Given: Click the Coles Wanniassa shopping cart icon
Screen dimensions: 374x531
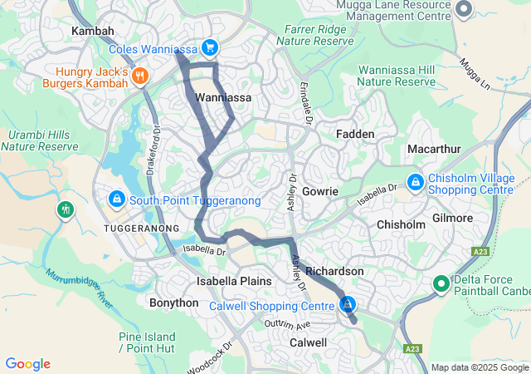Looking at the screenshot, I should (x=210, y=49).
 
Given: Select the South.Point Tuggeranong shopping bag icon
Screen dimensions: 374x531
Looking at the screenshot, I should (x=117, y=200).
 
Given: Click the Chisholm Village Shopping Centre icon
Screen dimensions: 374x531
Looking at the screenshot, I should (x=415, y=181).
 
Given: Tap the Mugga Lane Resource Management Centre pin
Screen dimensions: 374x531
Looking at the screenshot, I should (x=464, y=10).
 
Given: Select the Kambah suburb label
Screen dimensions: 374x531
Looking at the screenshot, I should (x=92, y=30).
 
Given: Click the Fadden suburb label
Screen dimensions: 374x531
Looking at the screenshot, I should (x=356, y=134).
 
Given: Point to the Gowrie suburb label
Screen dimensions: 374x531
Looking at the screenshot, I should (x=320, y=191).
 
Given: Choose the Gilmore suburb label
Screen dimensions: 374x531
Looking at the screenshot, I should (x=452, y=218).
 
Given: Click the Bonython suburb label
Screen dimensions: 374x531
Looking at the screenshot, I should (x=173, y=303).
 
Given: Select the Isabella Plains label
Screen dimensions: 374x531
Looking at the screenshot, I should (x=233, y=281).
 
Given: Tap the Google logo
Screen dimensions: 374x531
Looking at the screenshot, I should (x=27, y=364).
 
